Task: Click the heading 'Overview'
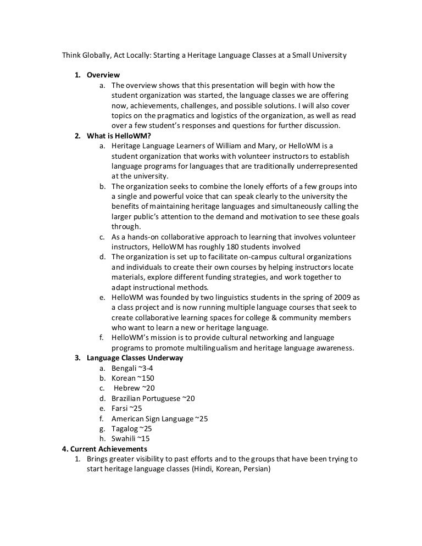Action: [103, 75]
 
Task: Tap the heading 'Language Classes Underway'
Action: [135, 358]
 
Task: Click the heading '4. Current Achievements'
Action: [104, 449]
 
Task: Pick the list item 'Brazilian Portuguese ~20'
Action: [153, 398]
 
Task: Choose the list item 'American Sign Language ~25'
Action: [159, 419]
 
